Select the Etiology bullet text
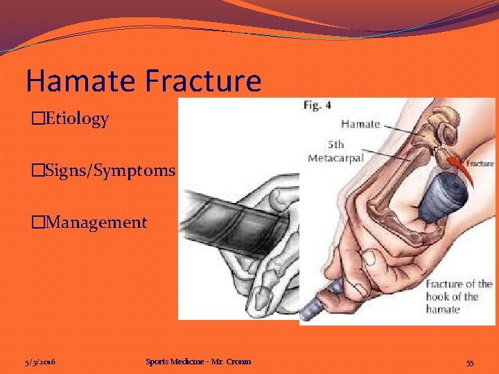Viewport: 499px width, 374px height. [x=74, y=119]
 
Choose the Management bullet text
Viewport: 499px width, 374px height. [x=94, y=222]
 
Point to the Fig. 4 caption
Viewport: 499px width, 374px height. [x=317, y=105]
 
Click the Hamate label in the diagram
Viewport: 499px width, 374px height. [x=360, y=124]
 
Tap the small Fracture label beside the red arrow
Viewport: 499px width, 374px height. [x=480, y=163]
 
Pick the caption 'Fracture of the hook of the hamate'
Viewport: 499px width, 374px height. [x=458, y=296]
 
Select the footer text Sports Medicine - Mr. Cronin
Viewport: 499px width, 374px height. [x=198, y=362]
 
